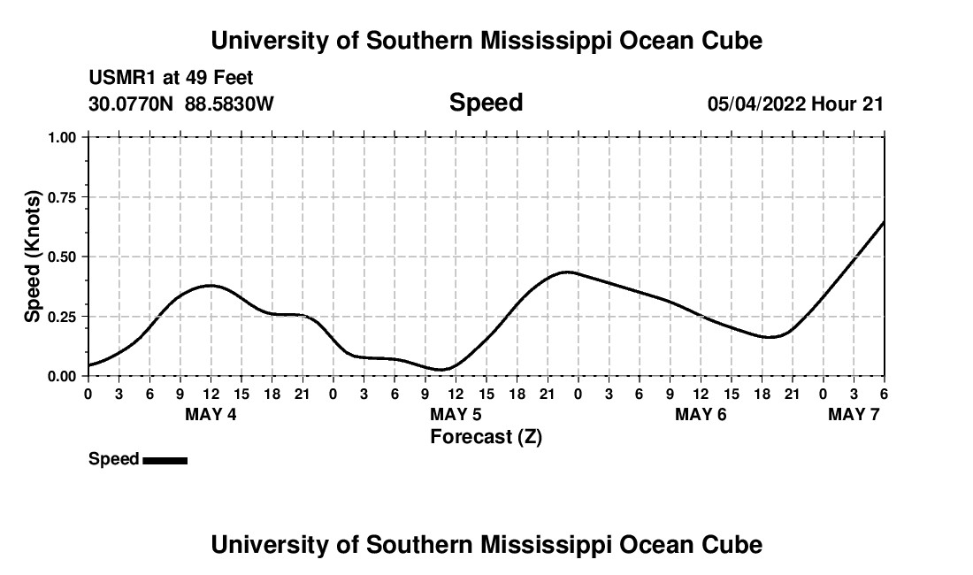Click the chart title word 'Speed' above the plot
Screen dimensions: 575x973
[486, 103]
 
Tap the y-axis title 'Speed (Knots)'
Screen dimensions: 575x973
[33, 257]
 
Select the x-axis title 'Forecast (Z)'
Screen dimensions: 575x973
[486, 436]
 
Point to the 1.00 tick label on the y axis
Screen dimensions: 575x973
[64, 137]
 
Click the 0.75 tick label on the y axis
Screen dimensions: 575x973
[64, 197]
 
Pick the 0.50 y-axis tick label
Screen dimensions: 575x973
[64, 257]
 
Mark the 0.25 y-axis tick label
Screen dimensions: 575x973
[64, 317]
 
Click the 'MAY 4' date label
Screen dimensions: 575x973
[211, 414]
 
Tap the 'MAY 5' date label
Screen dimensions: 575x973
[456, 414]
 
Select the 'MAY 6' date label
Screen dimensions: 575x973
[701, 414]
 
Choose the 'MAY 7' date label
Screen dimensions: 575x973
[854, 414]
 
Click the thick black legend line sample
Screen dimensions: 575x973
[165, 460]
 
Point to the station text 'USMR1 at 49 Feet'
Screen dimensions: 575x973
[171, 79]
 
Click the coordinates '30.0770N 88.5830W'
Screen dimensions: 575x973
[181, 104]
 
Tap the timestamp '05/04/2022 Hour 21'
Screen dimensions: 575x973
[795, 104]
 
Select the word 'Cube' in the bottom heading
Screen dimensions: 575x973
[738, 545]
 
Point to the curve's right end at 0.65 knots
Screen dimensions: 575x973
[884, 221]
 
